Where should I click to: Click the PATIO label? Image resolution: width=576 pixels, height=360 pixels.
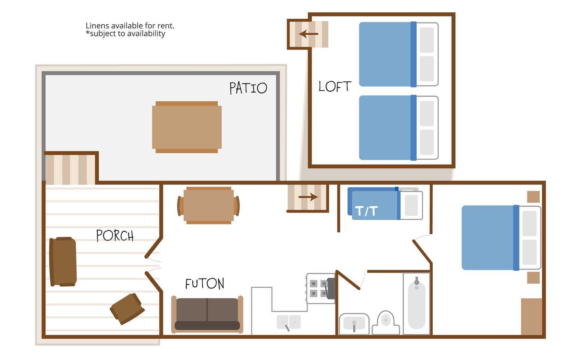(x=248, y=88)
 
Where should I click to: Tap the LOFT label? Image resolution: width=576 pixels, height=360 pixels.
(x=335, y=86)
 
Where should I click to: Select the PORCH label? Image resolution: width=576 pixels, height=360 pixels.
(x=115, y=235)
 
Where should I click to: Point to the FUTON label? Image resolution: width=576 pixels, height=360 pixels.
(x=205, y=284)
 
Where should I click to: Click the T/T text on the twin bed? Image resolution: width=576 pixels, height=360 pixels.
(x=367, y=211)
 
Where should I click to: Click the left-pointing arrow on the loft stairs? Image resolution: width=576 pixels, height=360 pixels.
(x=308, y=34)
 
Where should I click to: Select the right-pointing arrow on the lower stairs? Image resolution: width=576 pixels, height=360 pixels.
(x=308, y=197)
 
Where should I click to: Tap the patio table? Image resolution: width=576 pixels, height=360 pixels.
(x=187, y=127)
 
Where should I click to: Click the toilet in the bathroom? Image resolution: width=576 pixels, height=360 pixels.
(x=386, y=323)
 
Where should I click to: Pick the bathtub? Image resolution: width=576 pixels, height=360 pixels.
(x=417, y=303)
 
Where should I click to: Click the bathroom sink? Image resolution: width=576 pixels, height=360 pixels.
(x=354, y=324)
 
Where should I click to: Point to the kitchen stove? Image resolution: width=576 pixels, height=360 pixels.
(x=321, y=289)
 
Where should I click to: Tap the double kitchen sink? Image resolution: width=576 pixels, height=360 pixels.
(x=289, y=322)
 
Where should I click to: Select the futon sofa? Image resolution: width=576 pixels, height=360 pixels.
(x=207, y=314)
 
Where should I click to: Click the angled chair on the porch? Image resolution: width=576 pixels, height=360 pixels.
(x=127, y=309)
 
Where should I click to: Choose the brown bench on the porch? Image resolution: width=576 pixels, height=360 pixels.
(x=63, y=262)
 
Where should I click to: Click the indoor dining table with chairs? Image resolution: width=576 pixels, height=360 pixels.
(x=209, y=205)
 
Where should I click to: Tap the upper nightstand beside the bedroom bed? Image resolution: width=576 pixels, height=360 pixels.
(x=533, y=197)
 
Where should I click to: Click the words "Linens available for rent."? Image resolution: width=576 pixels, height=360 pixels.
(x=130, y=26)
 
